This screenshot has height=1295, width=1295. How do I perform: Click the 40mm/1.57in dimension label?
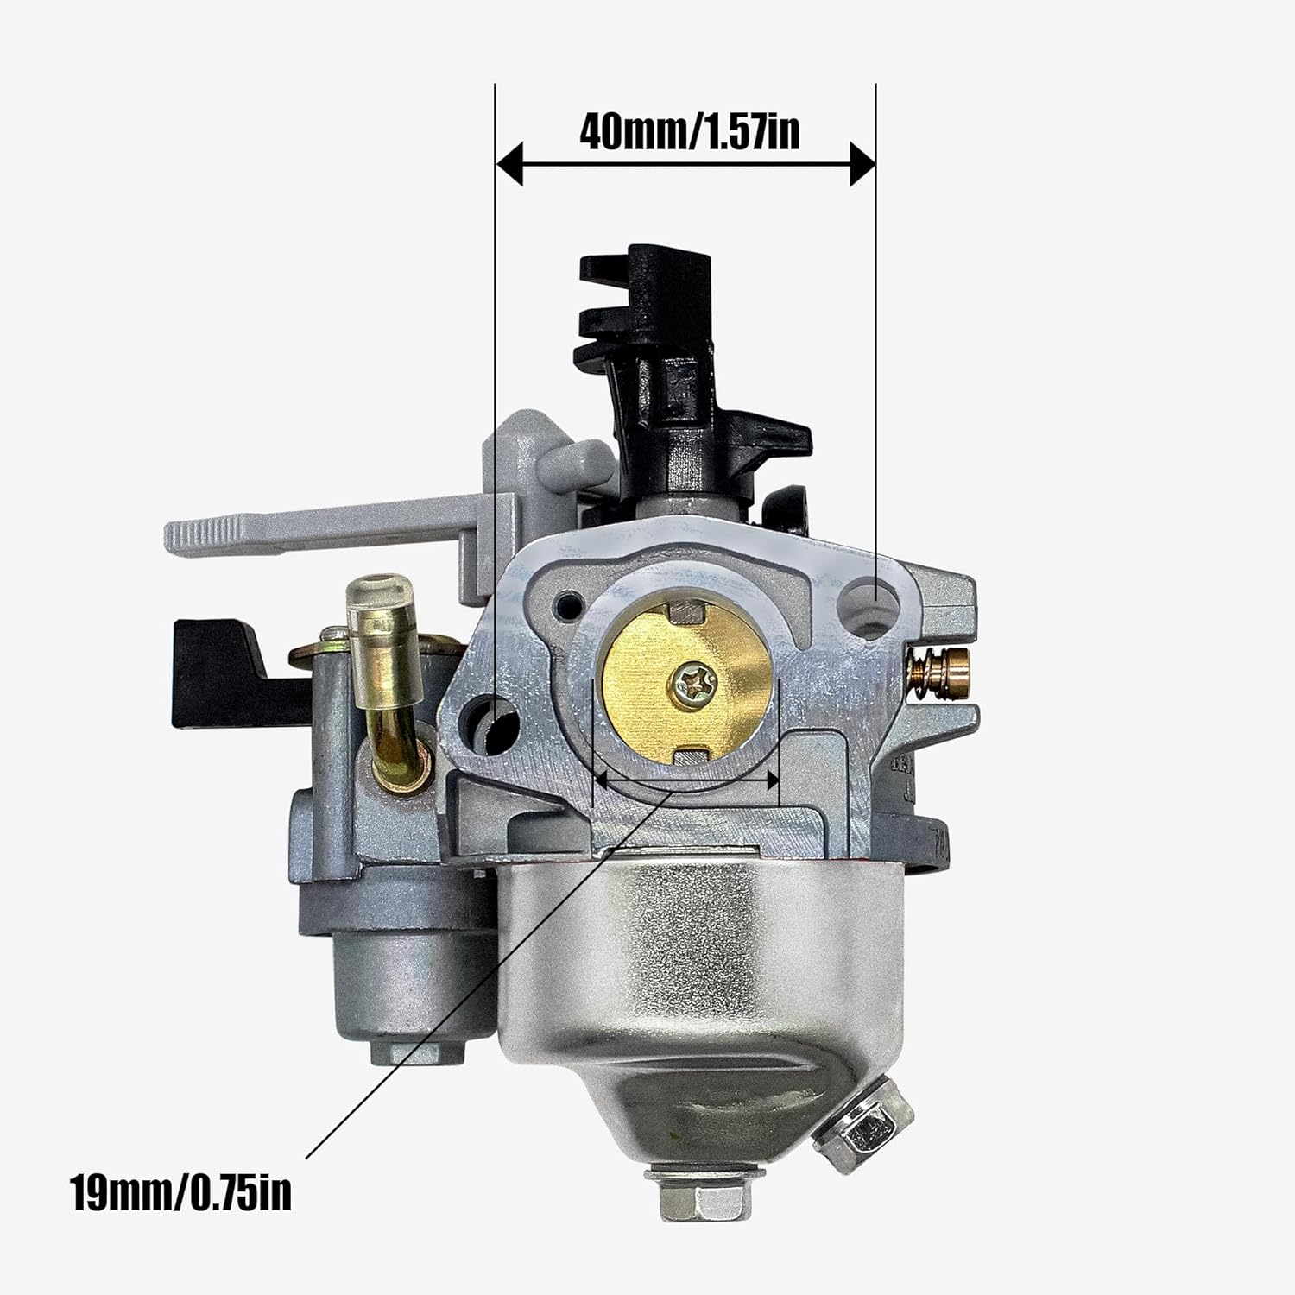coord(689,132)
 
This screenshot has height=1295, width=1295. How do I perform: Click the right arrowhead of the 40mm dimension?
coord(862,164)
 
